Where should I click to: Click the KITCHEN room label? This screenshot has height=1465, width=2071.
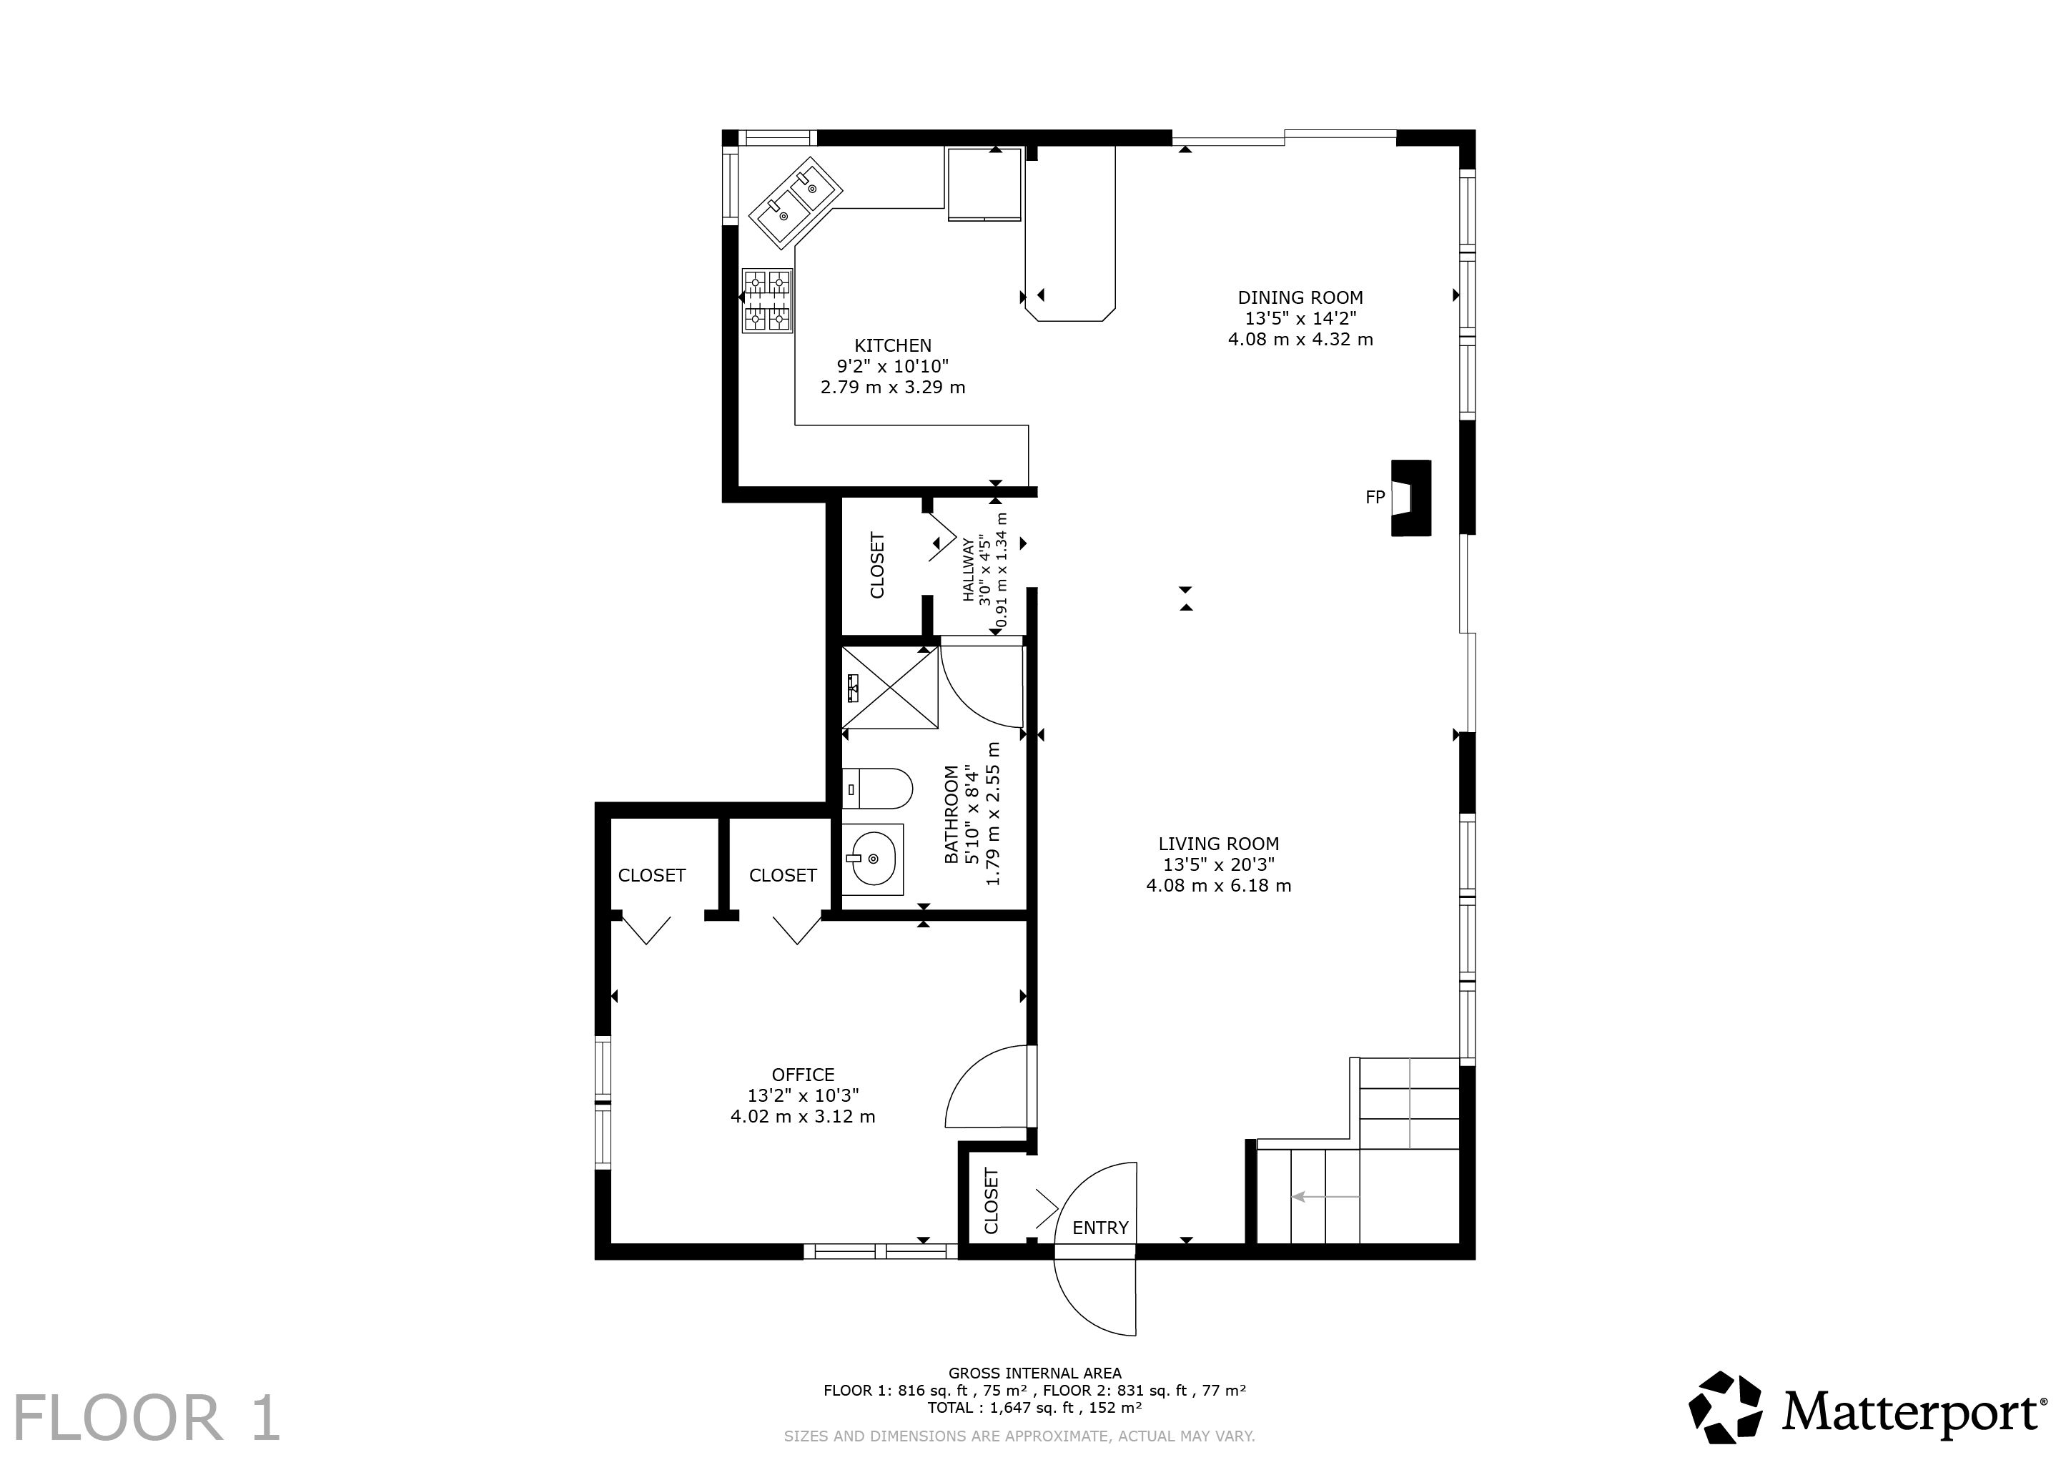click(x=893, y=345)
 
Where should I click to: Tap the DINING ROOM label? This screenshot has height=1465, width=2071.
click(x=1300, y=297)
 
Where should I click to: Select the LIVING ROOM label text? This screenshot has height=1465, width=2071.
click(x=1219, y=844)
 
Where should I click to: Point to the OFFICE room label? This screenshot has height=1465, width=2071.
click(x=803, y=1075)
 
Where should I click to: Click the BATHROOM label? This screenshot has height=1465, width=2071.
click(x=952, y=814)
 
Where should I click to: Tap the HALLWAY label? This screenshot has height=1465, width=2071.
click(x=969, y=570)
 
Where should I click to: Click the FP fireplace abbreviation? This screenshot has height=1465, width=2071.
click(x=1375, y=497)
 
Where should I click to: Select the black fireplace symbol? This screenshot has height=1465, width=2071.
click(x=1410, y=498)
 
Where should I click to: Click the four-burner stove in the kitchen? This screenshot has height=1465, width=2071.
click(x=766, y=300)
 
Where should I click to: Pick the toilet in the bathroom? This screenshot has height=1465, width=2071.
click(x=876, y=789)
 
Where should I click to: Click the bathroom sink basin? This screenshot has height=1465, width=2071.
click(x=872, y=859)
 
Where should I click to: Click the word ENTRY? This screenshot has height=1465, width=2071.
click(x=1100, y=1228)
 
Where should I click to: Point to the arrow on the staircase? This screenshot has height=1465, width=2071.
click(x=1325, y=1197)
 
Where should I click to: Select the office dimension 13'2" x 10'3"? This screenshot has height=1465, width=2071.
click(x=803, y=1095)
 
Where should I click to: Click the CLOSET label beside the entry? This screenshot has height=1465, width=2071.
click(x=992, y=1200)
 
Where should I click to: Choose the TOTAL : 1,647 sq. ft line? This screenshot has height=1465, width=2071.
click(x=1034, y=1407)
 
